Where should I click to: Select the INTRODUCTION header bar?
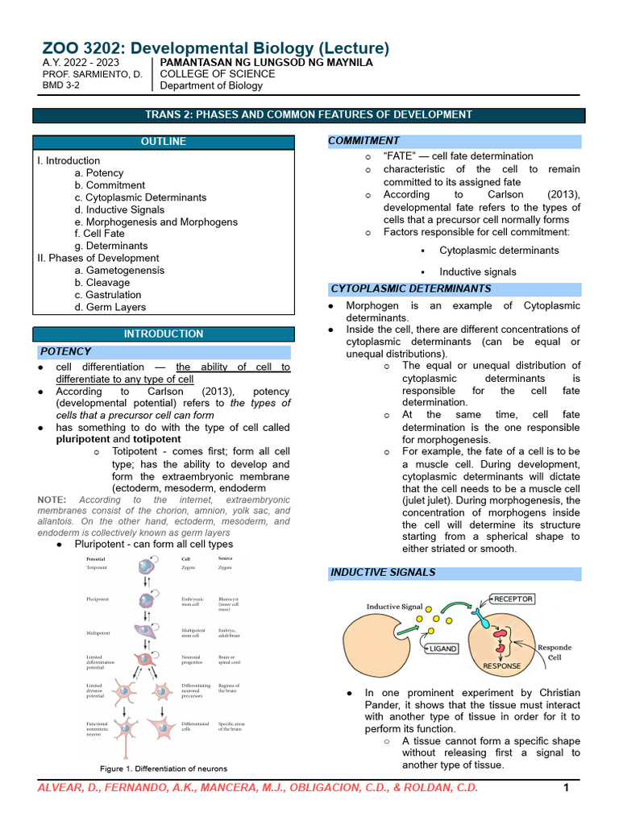coord(163,334)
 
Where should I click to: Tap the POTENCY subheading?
coord(66,352)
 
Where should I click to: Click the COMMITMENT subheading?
coord(364,141)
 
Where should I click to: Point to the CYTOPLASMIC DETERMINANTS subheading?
coord(411,288)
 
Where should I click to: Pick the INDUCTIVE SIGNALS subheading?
coord(383,572)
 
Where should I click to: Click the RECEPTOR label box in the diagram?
coord(513,599)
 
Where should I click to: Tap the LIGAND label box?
coord(443,648)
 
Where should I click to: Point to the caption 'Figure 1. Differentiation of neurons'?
coord(164,769)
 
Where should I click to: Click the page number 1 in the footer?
coord(566,787)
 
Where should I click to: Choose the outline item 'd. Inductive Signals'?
coord(119,209)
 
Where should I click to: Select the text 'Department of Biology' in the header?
coord(211,85)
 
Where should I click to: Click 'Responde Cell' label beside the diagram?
coord(555,651)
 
